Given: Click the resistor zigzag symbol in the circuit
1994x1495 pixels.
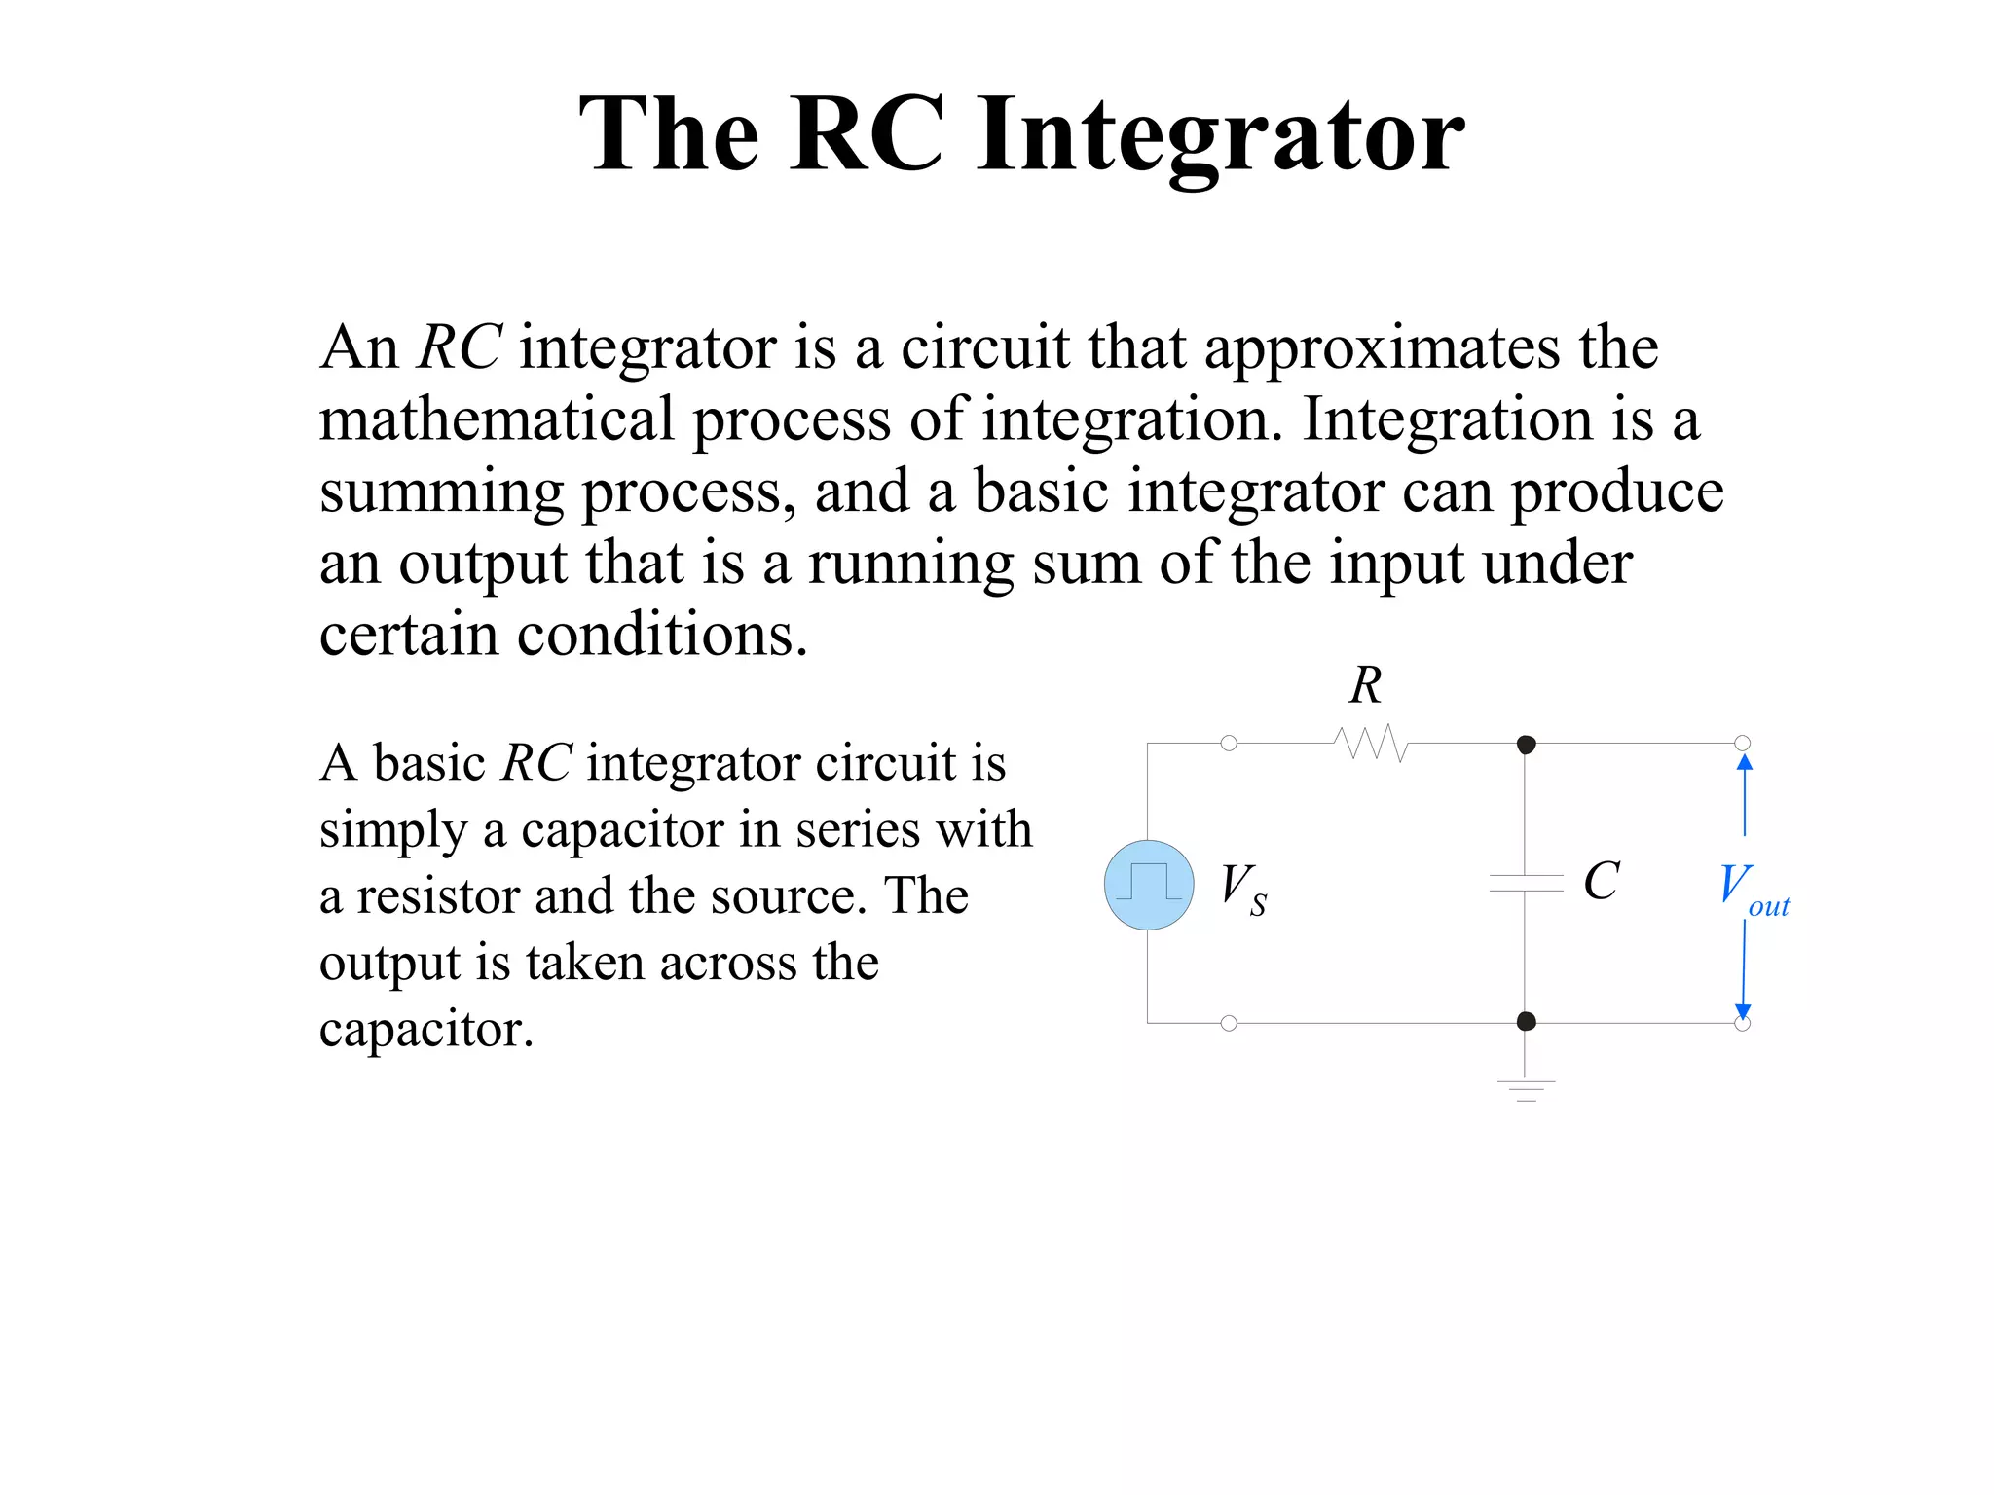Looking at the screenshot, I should click(1371, 744).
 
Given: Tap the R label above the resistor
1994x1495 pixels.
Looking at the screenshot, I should click(1365, 685).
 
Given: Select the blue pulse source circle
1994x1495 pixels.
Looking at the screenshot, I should click(1149, 885).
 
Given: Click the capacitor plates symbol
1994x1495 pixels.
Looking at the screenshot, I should click(1526, 884).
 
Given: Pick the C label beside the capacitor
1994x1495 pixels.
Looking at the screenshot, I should click(1601, 882).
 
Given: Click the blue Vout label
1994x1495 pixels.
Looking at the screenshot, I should click(1754, 889).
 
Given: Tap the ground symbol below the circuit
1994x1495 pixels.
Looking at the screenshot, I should click(1526, 1089).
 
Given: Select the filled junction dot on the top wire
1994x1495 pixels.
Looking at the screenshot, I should click(1527, 745).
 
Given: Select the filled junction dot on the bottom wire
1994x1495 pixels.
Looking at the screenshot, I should click(1527, 1021).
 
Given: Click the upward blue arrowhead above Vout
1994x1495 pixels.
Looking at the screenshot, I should click(1745, 762).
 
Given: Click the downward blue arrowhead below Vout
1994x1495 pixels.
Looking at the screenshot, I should click(1743, 1011).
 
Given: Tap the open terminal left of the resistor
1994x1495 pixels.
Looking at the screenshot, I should click(1229, 744).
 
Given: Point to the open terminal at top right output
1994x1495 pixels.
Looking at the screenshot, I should click(1743, 744).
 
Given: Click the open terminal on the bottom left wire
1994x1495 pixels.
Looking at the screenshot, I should click(1229, 1023).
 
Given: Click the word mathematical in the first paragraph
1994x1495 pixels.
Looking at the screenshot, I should click(497, 419).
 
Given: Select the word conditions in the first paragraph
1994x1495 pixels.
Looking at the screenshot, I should click(662, 636).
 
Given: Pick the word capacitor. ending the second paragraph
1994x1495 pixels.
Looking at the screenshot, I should click(426, 1029).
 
